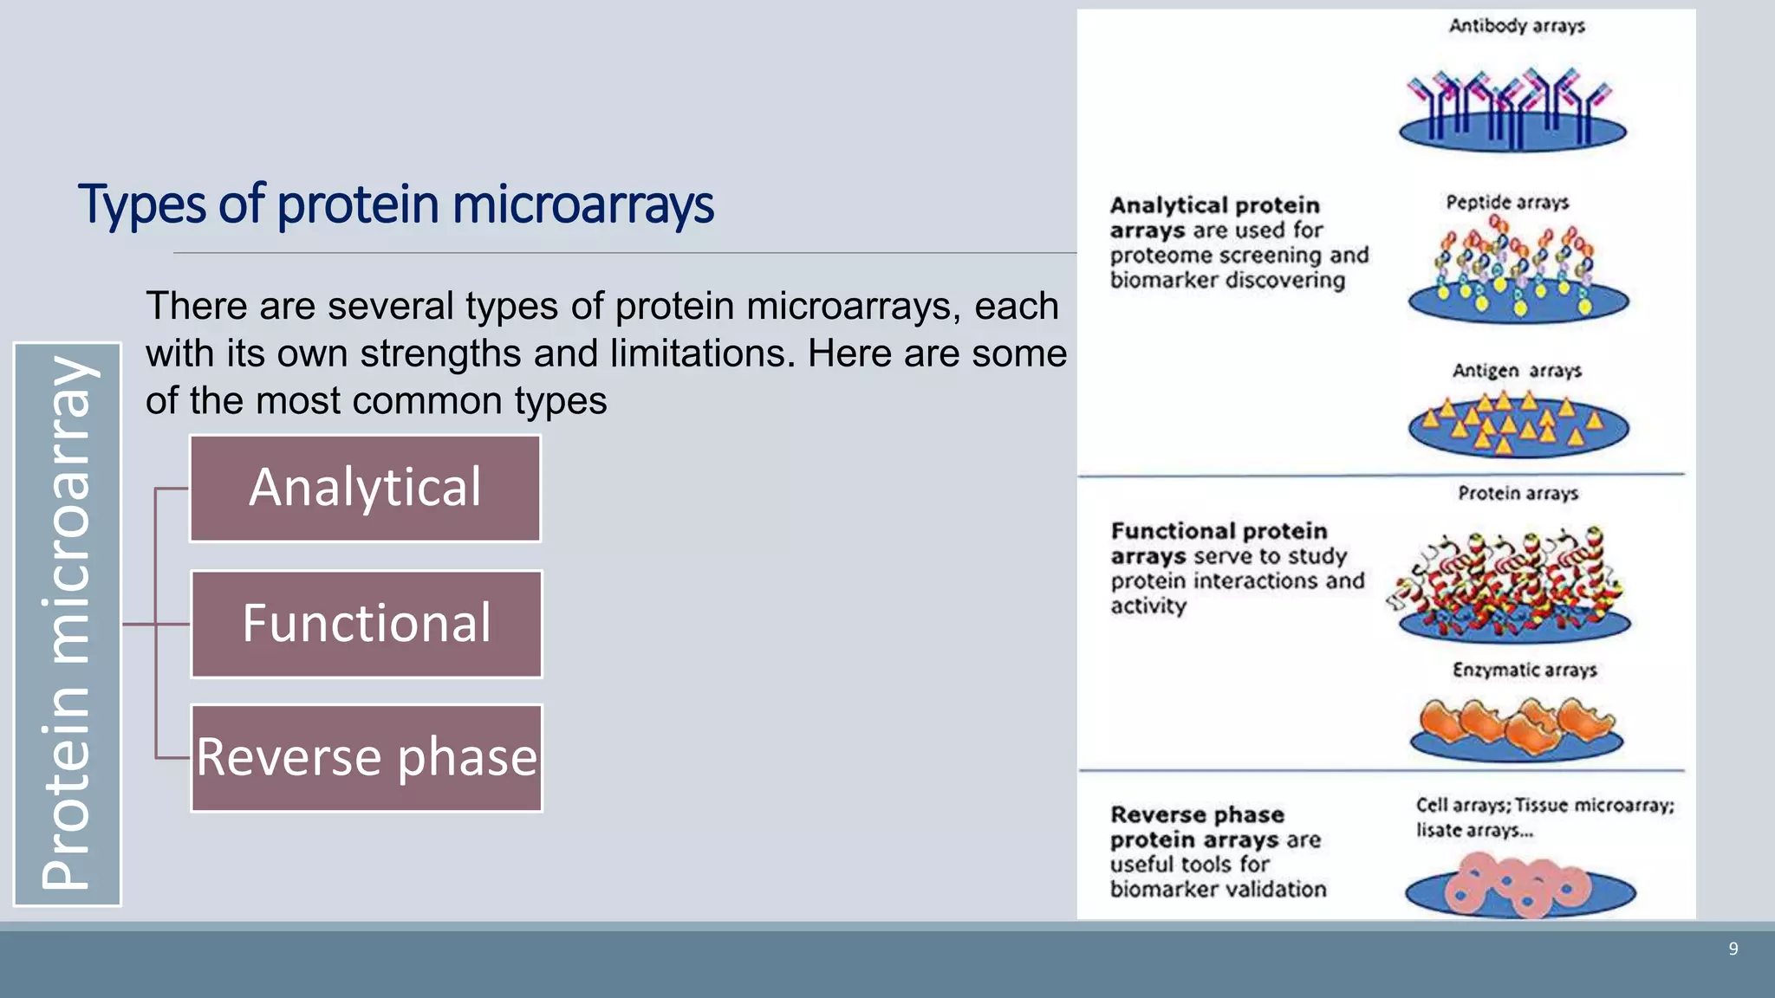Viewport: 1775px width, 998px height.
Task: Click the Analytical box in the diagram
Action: coord(365,489)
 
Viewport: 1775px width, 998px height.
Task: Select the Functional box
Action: coord(367,624)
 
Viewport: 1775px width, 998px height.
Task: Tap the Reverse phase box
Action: coord(367,758)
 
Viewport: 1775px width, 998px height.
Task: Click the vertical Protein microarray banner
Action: coord(67,624)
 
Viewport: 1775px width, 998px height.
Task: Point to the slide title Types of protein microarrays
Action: coord(395,204)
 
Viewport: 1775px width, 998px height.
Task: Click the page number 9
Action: coord(1733,949)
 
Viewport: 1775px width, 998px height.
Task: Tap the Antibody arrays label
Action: coord(1517,26)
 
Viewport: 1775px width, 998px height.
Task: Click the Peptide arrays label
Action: coord(1507,203)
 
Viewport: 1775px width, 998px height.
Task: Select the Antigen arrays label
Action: coord(1517,371)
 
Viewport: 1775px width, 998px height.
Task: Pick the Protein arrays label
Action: coord(1518,494)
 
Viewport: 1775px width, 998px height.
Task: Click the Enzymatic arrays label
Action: coord(1525,671)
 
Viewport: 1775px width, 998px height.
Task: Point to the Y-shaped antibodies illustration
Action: coord(1512,108)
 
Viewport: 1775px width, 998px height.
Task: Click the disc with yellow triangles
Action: coord(1518,426)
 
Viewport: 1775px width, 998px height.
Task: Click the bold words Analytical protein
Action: coord(1214,205)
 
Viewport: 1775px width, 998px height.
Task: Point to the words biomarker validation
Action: coord(1218,889)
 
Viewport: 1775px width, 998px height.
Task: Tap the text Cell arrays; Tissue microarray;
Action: coord(1544,806)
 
